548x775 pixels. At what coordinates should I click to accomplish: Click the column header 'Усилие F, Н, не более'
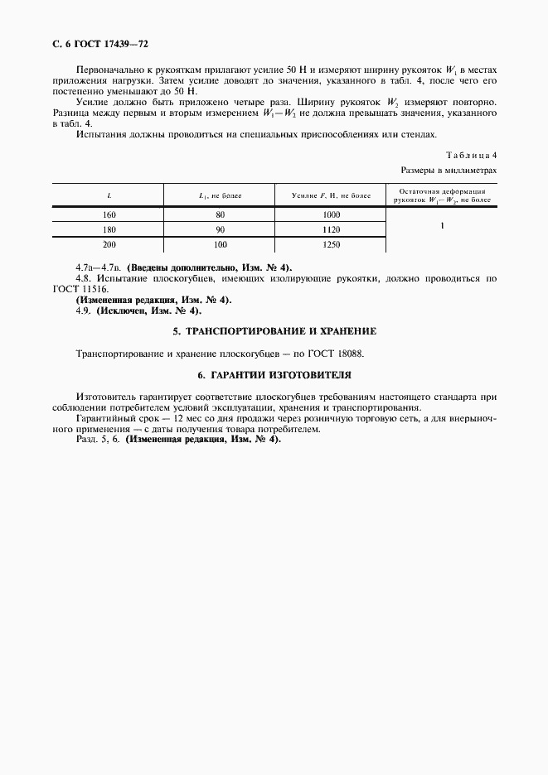[331, 195]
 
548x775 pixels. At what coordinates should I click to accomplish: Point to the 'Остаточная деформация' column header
[442, 195]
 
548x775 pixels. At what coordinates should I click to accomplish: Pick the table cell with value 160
[109, 214]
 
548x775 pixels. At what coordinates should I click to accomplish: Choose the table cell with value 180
[109, 229]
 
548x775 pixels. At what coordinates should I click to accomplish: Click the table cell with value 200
[109, 245]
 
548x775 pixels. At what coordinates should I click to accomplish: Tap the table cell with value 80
[220, 214]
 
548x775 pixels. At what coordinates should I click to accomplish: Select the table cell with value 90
[220, 229]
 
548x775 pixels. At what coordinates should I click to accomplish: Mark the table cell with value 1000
[331, 214]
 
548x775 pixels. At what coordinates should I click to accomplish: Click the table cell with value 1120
[331, 229]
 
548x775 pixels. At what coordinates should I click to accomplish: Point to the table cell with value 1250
[331, 245]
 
